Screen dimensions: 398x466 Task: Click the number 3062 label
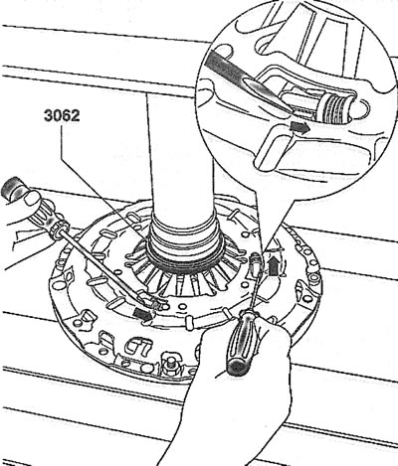(x=62, y=116)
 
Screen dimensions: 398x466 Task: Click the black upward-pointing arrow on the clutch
(x=273, y=266)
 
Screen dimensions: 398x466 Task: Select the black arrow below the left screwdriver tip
(x=143, y=314)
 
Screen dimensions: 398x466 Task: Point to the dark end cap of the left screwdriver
(x=12, y=187)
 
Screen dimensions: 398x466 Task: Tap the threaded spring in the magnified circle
(x=334, y=107)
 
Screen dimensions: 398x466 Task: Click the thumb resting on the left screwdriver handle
(x=33, y=198)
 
